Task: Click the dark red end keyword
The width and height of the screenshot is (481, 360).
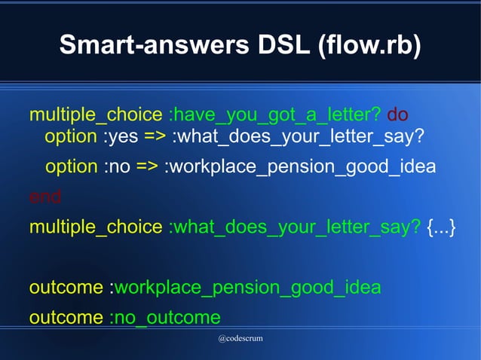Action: pos(45,197)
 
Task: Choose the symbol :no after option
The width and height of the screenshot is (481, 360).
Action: pos(116,166)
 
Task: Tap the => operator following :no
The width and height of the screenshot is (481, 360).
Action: pos(148,166)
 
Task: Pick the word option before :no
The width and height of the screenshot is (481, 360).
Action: pos(72,166)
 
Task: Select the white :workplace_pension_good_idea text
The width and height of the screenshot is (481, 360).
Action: pos(299,166)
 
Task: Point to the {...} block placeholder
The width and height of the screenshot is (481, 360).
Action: pos(441,227)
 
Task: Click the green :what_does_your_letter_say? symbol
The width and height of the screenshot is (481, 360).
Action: pos(295,227)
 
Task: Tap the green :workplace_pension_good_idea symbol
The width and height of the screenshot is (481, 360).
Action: pos(245,288)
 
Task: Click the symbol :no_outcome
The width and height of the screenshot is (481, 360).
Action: pos(164,317)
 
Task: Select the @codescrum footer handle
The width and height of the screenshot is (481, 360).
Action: pos(240,339)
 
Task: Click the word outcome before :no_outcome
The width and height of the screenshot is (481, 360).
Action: pos(66,317)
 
